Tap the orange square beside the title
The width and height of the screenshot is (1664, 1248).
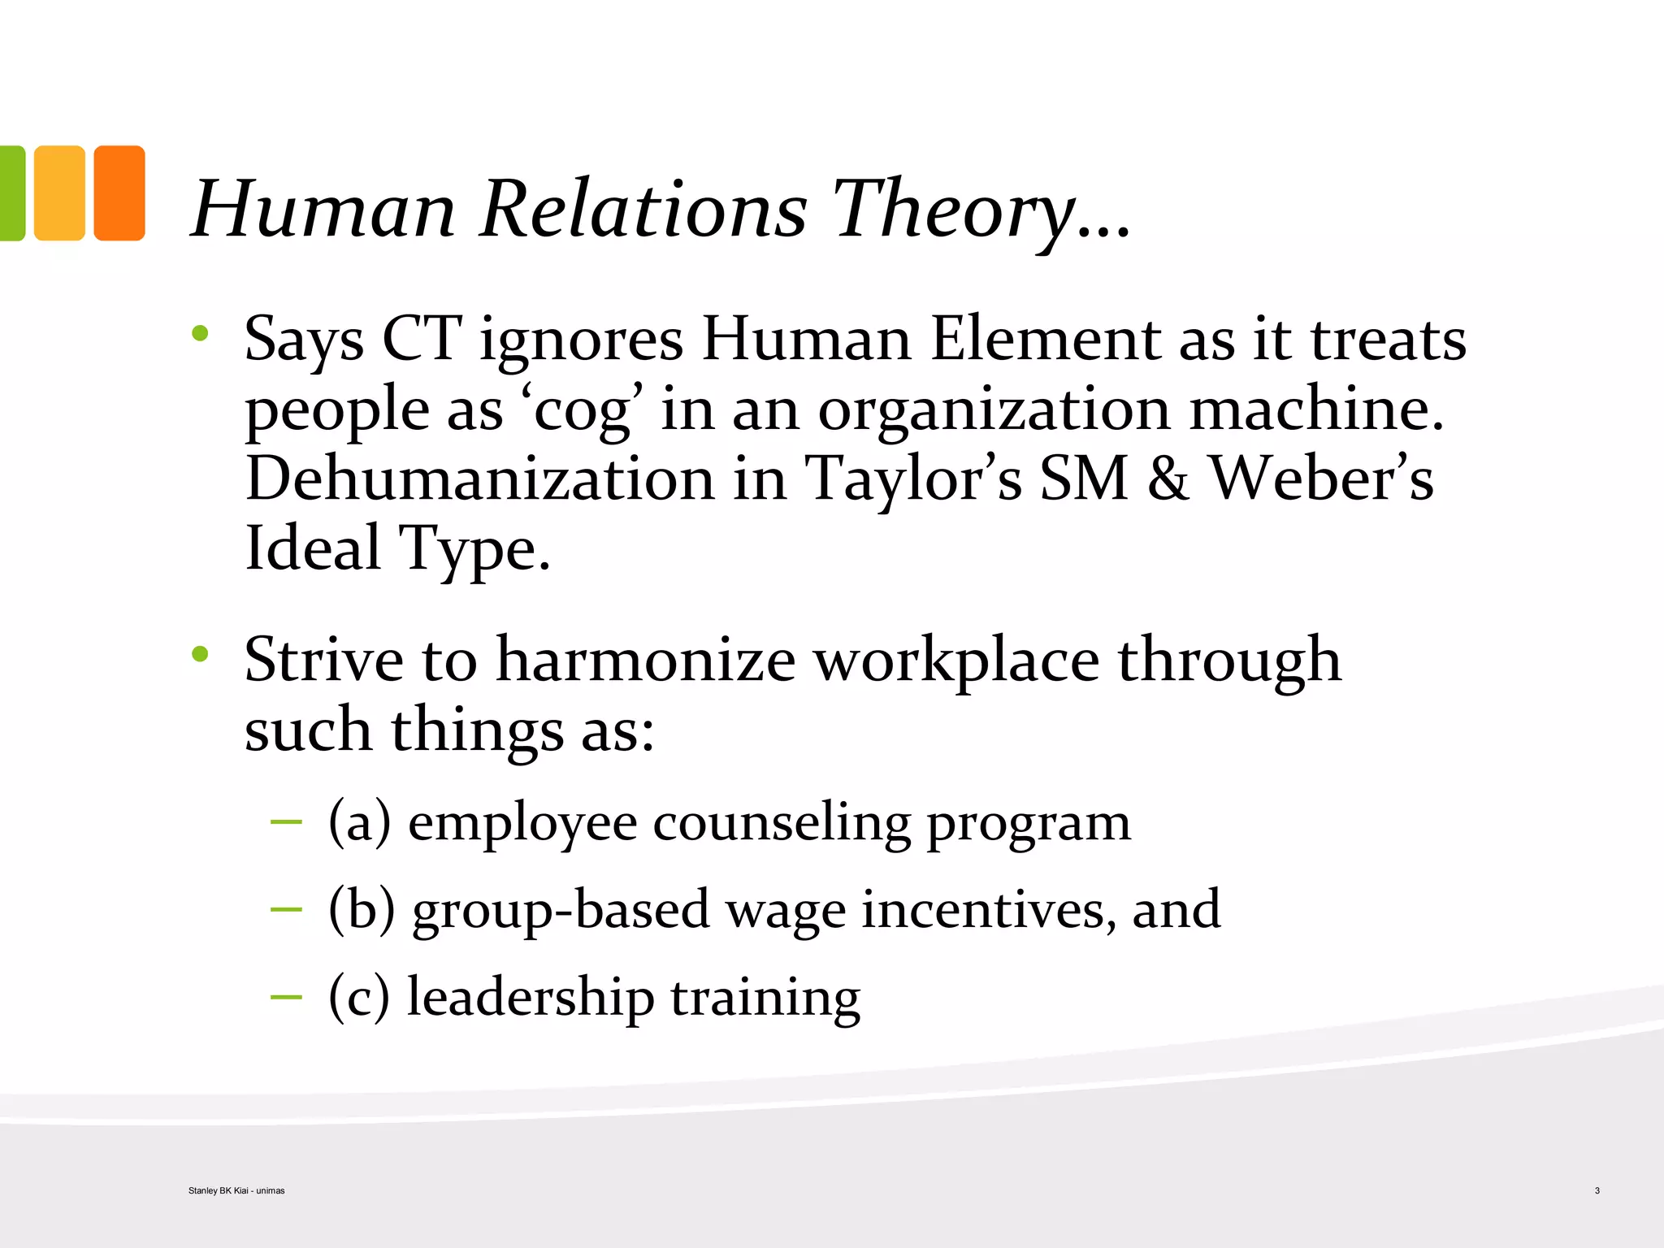pos(119,193)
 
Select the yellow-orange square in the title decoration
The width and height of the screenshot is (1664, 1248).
pos(59,193)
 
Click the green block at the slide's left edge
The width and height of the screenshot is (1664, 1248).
pos(11,193)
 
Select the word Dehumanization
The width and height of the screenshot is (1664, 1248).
pos(479,479)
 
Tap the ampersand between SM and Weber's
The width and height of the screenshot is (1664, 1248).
pos(1168,479)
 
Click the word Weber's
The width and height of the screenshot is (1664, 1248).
pos(1322,479)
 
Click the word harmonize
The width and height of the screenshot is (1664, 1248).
pos(646,659)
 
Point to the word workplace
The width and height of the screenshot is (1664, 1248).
pos(956,659)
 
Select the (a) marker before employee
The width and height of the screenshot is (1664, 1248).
pos(359,822)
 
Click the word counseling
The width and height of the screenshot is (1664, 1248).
pos(782,822)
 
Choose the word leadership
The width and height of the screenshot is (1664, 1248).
pos(530,997)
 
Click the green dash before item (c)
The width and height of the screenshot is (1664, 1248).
pos(286,996)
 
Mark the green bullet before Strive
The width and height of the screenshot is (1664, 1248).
pos(200,653)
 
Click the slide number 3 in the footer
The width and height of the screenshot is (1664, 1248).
pos(1597,1190)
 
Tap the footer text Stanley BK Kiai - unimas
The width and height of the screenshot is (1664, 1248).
pos(236,1190)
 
